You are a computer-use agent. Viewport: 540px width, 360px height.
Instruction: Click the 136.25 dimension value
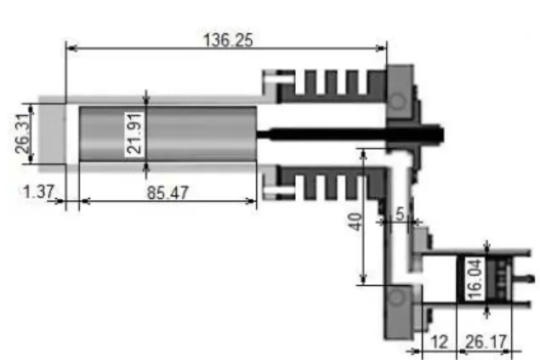tap(228, 40)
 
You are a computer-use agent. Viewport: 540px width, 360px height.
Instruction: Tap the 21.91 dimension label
tap(134, 134)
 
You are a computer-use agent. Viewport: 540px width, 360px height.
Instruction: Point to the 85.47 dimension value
tap(168, 193)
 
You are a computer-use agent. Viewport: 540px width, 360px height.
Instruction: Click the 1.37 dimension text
tap(39, 191)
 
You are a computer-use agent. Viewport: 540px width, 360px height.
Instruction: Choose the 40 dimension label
tap(355, 221)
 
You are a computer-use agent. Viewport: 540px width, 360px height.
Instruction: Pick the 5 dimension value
tap(400, 214)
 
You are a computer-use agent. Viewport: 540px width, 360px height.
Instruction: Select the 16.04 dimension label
tap(475, 280)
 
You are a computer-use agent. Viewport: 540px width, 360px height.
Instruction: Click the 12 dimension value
tap(440, 342)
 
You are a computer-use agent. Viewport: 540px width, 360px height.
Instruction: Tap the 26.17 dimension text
tap(486, 342)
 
